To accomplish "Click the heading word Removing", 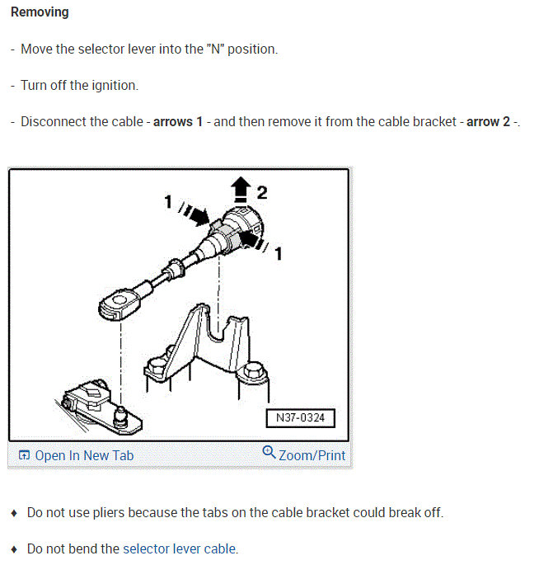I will click(40, 12).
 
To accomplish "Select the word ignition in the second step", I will click(116, 85).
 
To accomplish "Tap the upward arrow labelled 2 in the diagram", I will click(240, 191).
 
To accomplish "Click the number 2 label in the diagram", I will click(261, 192).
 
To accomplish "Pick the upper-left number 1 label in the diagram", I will click(167, 200).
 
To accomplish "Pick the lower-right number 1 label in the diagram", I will click(278, 254).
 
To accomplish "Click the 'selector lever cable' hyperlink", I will click(179, 549).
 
